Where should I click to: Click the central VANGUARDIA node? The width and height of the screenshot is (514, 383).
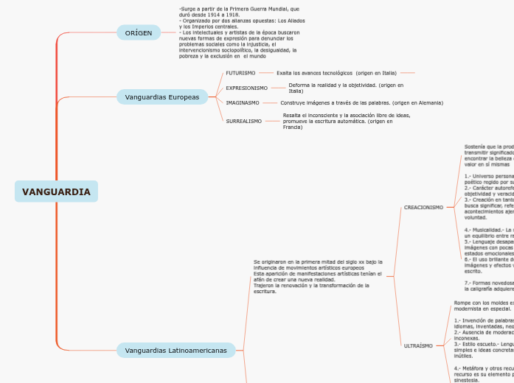click(56, 192)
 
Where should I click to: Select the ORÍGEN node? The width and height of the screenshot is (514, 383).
click(139, 33)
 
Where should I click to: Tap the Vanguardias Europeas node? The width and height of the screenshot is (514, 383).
click(162, 97)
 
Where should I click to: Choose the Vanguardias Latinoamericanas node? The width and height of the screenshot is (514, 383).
click(176, 350)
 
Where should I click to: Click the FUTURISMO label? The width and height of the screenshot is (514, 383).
click(240, 73)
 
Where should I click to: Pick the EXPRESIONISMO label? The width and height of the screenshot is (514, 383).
click(246, 88)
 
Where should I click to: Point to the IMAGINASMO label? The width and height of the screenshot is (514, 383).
click(242, 103)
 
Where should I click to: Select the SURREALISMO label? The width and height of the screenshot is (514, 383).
click(243, 121)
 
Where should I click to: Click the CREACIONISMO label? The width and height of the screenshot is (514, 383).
click(423, 208)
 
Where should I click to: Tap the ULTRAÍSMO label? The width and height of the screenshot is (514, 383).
click(418, 345)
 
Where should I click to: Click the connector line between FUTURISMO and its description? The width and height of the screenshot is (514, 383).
click(266, 73)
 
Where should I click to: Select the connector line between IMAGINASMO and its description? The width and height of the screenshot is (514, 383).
click(270, 103)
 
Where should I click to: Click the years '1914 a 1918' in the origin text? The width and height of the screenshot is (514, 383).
click(224, 15)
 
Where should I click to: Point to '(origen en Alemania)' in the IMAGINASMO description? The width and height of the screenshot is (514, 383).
click(417, 103)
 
